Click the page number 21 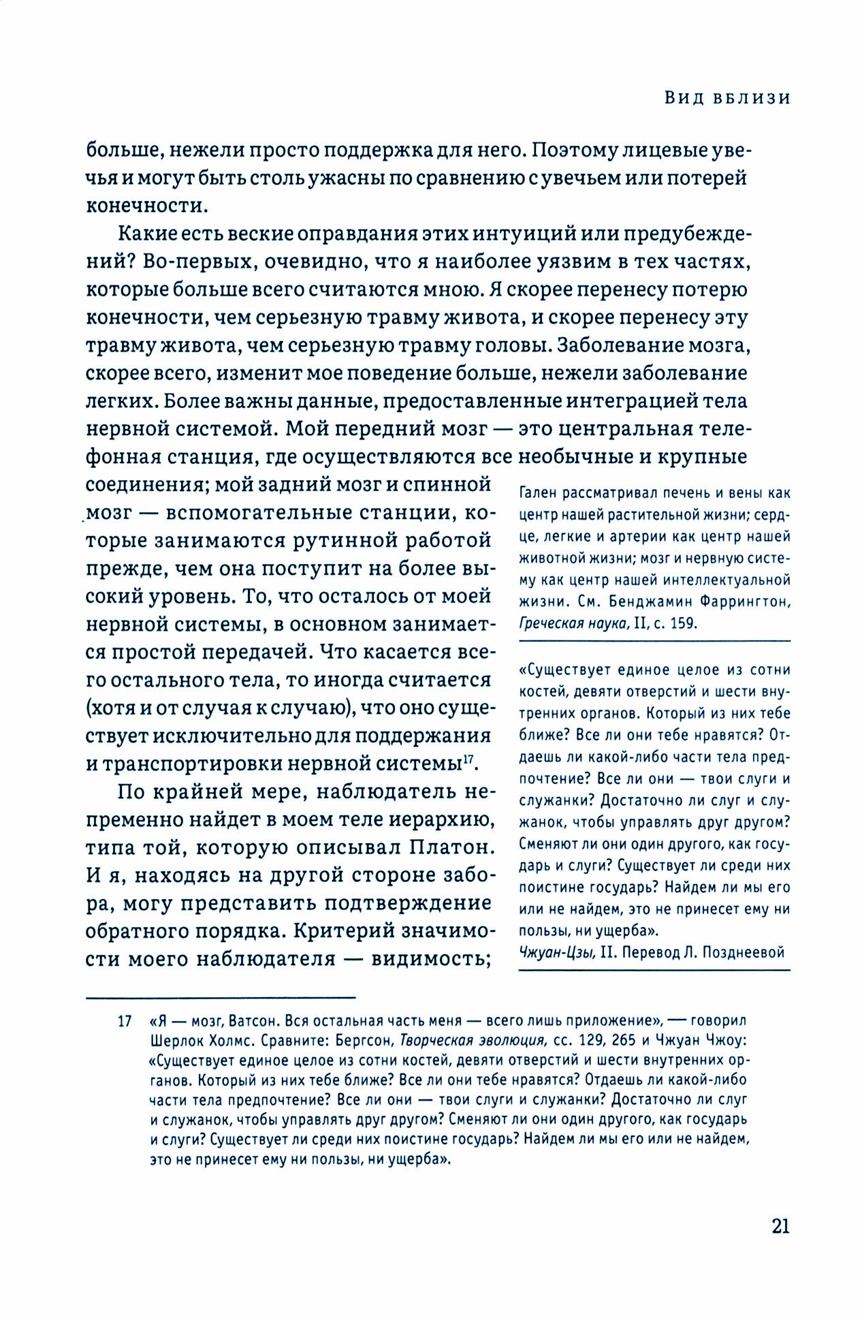tap(780, 1227)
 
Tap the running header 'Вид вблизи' tap(727, 98)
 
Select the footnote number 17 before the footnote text tap(125, 1021)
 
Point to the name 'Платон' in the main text tap(452, 848)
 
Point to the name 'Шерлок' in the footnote tap(173, 1041)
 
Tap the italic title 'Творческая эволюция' tap(473, 1041)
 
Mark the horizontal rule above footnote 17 tap(221, 998)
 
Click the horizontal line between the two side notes tap(654, 641)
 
